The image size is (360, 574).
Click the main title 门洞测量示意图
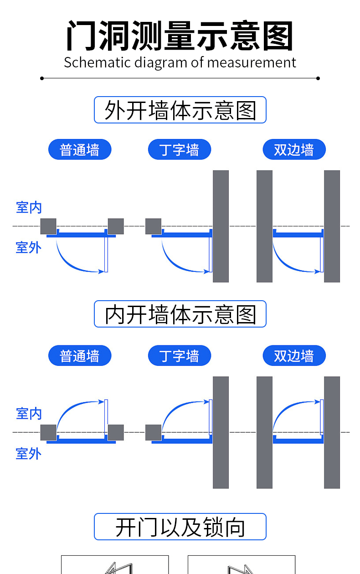tap(180, 36)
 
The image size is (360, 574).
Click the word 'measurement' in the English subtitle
tap(252, 62)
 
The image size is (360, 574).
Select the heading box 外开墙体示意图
tap(180, 110)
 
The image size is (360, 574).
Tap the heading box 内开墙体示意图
tap(180, 314)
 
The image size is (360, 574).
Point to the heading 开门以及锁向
tap(180, 527)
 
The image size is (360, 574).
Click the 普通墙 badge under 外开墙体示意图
tap(80, 149)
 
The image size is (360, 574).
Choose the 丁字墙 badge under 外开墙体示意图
tap(180, 149)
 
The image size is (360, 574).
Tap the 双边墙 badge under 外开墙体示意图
tap(294, 149)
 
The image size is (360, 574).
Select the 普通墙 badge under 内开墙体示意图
tap(80, 355)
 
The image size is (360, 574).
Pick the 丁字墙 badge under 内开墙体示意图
tap(180, 355)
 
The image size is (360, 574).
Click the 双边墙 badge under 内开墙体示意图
tap(294, 355)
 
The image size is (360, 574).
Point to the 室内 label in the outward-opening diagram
tap(29, 208)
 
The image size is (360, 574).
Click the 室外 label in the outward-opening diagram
tap(29, 247)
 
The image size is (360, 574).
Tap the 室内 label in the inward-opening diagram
tap(29, 414)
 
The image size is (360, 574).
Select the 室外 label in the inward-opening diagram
tap(29, 453)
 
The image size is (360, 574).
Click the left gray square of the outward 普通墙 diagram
tap(48, 226)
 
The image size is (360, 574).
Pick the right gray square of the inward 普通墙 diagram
tap(116, 432)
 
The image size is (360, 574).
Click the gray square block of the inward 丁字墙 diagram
tap(154, 432)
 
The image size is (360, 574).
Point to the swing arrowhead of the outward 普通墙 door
tap(101, 272)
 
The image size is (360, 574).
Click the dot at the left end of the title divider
tap(42, 78)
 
